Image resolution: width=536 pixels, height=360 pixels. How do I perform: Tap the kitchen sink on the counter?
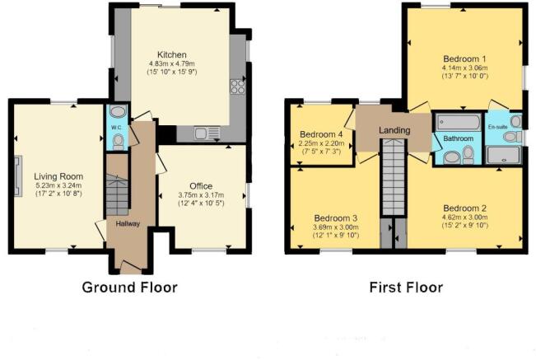204,132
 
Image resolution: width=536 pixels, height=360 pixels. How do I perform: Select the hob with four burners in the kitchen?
237,86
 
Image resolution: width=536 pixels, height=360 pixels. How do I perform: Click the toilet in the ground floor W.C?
118,140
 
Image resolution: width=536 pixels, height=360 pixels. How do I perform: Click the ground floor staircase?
116,196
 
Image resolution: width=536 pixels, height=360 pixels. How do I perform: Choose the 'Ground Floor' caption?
129,288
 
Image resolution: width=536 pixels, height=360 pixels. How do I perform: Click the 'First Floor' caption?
404,288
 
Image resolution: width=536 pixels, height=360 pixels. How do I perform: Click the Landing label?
394,131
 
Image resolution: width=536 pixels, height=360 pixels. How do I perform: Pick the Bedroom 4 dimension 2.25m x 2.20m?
320,144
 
